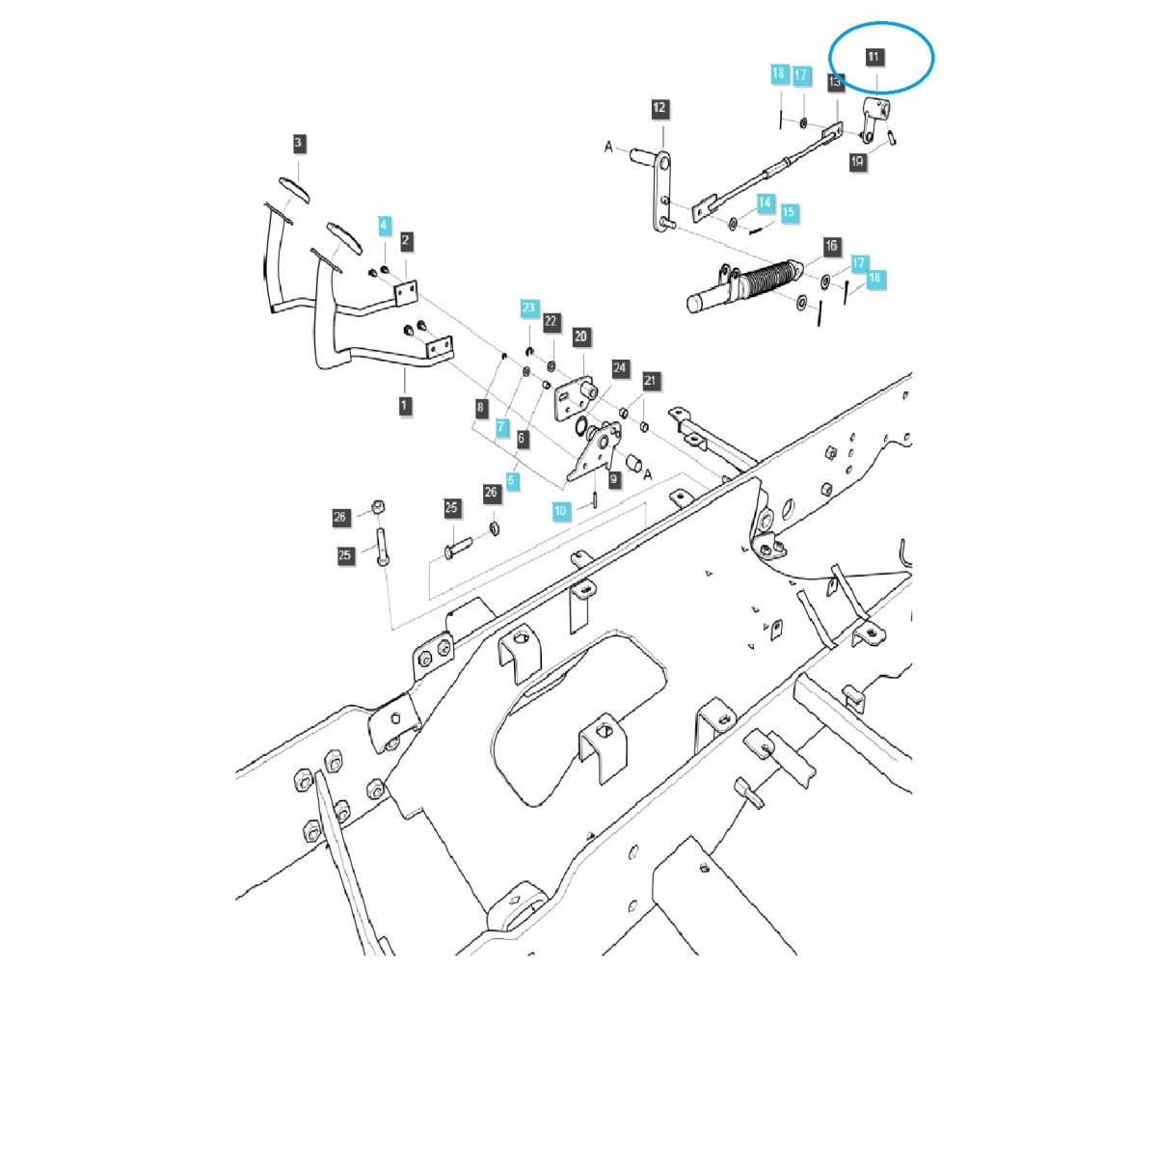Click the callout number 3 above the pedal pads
(298, 144)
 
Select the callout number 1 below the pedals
(404, 405)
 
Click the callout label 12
(659, 108)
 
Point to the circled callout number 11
(874, 58)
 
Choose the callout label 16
(832, 247)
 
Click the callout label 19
(857, 163)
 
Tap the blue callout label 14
(765, 202)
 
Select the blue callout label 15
(789, 212)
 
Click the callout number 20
(580, 336)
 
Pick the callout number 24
(620, 368)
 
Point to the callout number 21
(650, 381)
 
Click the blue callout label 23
(528, 309)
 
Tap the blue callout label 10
(561, 510)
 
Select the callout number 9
(615, 477)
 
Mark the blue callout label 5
(512, 479)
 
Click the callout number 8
(479, 408)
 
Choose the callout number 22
(551, 321)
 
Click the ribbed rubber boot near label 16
(771, 281)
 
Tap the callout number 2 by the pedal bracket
(407, 240)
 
